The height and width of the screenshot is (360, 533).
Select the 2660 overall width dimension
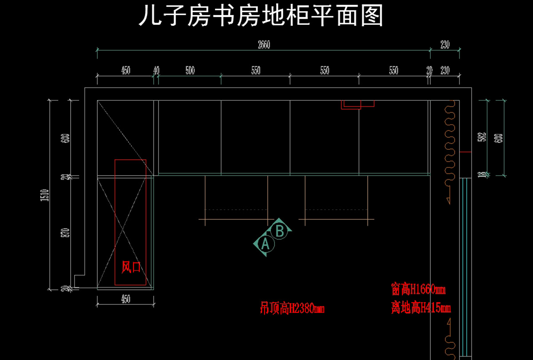pyautogui.click(x=264, y=44)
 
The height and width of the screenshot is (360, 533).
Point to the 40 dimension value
pyautogui.click(x=156, y=70)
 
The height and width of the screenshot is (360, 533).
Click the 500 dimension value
pyautogui.click(x=190, y=70)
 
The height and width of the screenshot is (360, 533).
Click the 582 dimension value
pyautogui.click(x=481, y=137)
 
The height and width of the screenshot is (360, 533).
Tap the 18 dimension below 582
pyautogui.click(x=481, y=174)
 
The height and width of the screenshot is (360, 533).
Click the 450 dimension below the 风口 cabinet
pyautogui.click(x=126, y=299)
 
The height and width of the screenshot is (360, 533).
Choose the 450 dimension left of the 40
pyautogui.click(x=126, y=70)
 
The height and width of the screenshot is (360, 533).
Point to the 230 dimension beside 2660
pyautogui.click(x=445, y=44)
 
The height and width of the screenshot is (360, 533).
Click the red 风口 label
pyautogui.click(x=131, y=267)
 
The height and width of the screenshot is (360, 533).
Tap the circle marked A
pyautogui.click(x=265, y=244)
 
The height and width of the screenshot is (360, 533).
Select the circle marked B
pyautogui.click(x=280, y=231)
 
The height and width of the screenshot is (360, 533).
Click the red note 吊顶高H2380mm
pyautogui.click(x=292, y=308)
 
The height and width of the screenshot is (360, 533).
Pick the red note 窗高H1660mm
pyautogui.click(x=418, y=290)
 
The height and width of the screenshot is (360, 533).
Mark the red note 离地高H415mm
pyautogui.click(x=421, y=307)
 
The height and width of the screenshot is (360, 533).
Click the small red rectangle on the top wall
pyautogui.click(x=358, y=104)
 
